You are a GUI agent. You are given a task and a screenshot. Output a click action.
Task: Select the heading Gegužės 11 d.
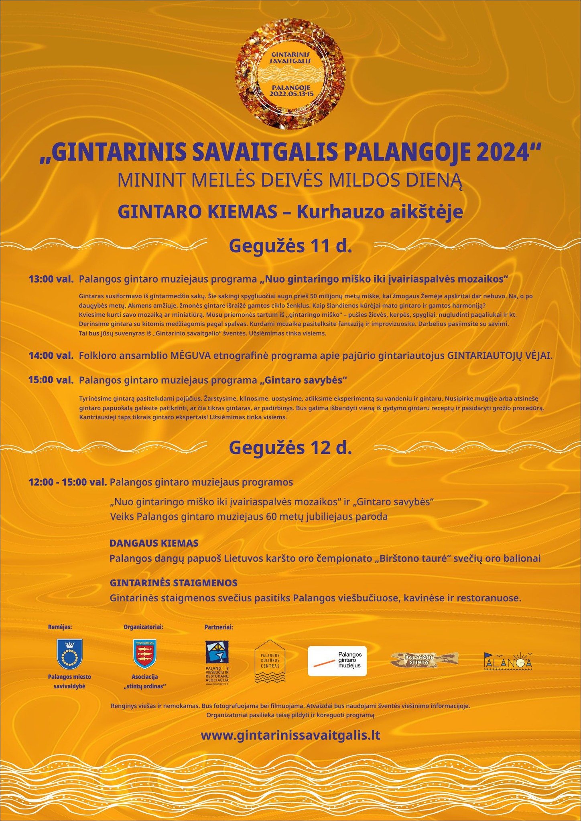coord(290,246)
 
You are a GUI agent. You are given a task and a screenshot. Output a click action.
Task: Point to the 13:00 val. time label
coord(51,279)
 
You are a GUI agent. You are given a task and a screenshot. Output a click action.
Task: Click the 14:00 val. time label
coord(51,355)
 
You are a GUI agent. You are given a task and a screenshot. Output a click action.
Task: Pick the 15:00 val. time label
coord(51,380)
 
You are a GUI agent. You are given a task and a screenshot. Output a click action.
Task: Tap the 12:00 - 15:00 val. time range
coord(67,482)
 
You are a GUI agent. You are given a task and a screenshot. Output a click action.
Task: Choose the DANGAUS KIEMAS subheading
coord(154,543)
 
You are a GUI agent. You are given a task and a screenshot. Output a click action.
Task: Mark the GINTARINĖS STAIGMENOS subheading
coord(174,583)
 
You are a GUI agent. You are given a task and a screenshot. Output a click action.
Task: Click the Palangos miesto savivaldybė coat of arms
coord(69,655)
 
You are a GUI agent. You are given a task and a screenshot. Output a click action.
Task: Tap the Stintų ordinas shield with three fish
coord(145,655)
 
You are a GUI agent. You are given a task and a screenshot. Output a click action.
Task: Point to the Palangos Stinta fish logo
coord(424,659)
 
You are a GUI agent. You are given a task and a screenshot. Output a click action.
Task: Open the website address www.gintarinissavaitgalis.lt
coord(290,735)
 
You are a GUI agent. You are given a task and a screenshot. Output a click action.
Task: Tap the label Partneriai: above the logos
coord(219,627)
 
